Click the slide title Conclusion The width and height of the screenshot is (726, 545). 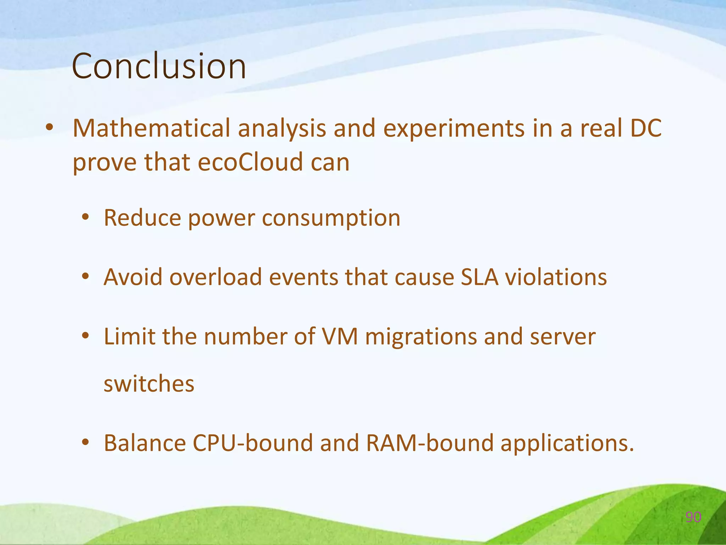tap(159, 66)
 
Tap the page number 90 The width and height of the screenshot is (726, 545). tap(693, 517)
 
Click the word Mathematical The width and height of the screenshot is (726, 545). tap(151, 128)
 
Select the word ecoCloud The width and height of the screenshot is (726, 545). tap(250, 162)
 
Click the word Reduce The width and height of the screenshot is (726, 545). tap(142, 218)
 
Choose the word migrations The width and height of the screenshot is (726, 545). tap(421, 337)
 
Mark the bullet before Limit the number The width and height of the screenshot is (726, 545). tap(85, 335)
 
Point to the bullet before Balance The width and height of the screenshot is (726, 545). tap(85, 442)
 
